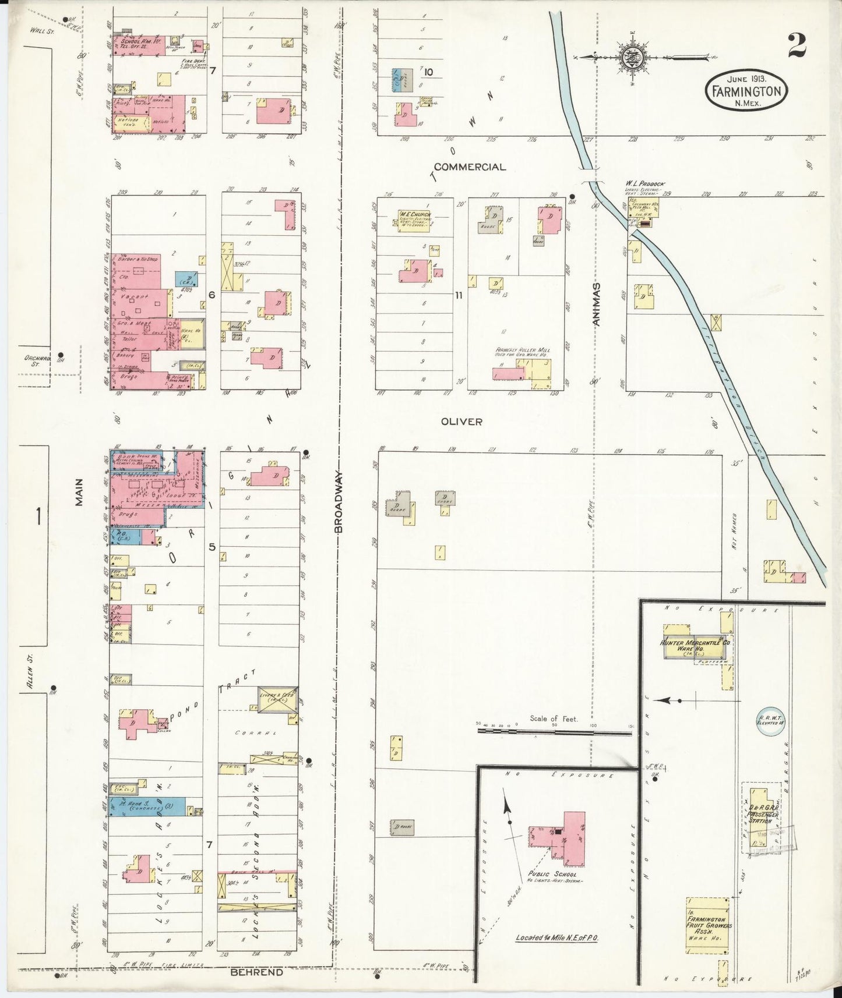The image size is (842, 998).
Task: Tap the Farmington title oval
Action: click(745, 90)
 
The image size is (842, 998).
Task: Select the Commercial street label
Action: click(470, 167)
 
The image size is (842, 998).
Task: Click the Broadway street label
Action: click(339, 502)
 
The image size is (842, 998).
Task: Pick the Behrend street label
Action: click(256, 972)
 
